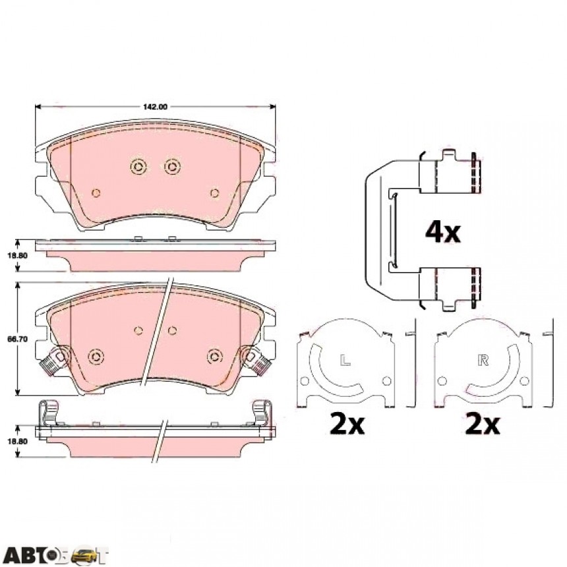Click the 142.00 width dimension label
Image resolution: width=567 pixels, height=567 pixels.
pos(155,107)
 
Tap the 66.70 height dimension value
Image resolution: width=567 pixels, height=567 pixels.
pos(17,340)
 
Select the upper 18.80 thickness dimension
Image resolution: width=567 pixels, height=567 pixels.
pos(17,255)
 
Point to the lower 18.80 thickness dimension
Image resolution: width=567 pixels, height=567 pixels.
pos(17,441)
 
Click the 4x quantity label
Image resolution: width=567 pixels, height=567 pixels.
pos(442,232)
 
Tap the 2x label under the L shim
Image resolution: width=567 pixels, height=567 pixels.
pos(347,424)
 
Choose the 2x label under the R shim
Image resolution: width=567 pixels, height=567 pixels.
pos(483,424)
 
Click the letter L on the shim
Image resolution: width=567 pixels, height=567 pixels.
pos(345,360)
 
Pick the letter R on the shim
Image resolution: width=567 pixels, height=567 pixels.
pos(483,360)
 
